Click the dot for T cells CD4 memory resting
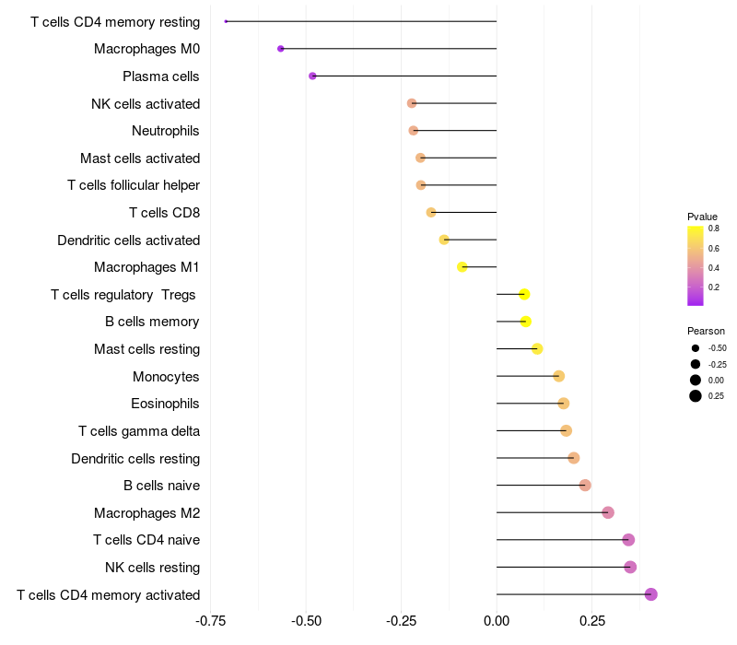(226, 21)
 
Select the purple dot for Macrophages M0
(281, 49)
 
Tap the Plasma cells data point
(312, 76)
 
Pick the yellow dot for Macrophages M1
(462, 267)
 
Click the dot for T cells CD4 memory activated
(651, 594)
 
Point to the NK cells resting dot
(630, 567)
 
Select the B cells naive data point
(585, 486)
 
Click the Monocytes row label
(166, 377)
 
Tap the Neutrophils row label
(166, 131)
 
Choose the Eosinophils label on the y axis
(165, 404)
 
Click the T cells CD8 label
(165, 213)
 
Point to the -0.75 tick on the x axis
(211, 621)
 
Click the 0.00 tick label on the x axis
(497, 621)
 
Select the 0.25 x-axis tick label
(592, 621)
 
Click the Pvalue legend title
(702, 217)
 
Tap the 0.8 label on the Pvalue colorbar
(713, 229)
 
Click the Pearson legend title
(706, 331)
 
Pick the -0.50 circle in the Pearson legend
(696, 348)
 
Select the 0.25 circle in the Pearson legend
(696, 396)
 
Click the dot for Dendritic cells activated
(444, 240)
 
